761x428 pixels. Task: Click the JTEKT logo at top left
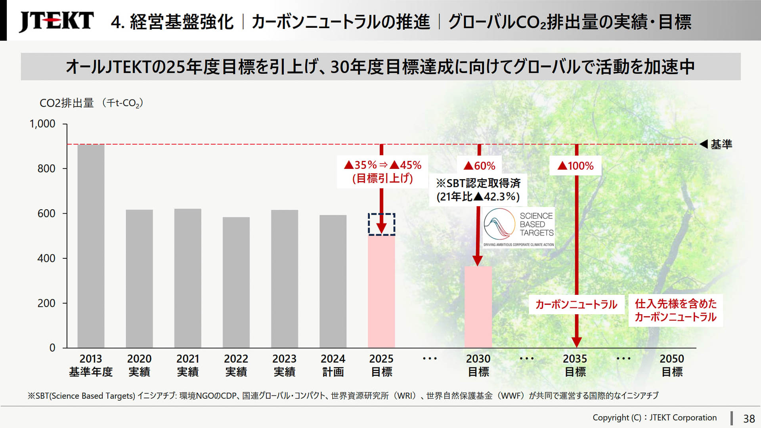point(56,21)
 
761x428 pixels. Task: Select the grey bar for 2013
point(91,246)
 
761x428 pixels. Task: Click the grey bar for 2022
point(236,282)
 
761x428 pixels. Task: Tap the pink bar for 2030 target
point(478,307)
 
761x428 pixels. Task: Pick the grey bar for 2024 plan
point(333,281)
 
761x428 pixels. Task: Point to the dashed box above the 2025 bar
point(381,224)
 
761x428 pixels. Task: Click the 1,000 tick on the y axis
point(42,124)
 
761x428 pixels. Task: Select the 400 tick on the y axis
point(46,258)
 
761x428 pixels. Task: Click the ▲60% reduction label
point(479,166)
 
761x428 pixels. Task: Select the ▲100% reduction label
point(576,166)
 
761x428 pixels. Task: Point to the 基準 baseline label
point(721,144)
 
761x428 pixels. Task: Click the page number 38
point(749,418)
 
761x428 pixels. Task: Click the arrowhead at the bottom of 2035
point(577,342)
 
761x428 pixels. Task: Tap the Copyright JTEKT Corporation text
point(654,418)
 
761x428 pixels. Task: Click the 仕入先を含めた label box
point(675,310)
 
